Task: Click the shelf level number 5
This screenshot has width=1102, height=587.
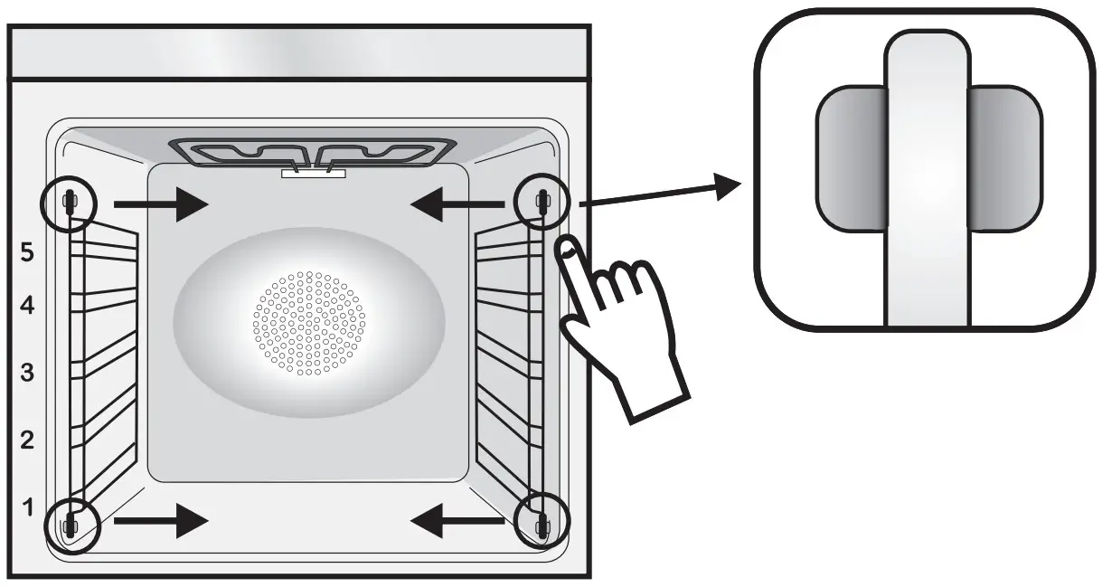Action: tap(27, 253)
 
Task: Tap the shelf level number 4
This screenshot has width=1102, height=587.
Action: tap(27, 307)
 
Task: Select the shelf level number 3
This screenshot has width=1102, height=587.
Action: tap(27, 372)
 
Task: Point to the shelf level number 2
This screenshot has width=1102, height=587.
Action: tap(27, 440)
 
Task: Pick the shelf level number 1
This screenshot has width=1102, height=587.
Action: tap(27, 507)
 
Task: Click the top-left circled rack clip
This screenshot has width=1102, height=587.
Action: tap(69, 204)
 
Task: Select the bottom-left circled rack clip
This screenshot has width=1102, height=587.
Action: tap(71, 524)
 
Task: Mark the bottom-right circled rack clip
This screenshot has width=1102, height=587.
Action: tap(542, 524)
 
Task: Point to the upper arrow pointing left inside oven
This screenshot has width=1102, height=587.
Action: tap(457, 205)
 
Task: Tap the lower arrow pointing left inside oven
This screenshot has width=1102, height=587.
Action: tap(457, 522)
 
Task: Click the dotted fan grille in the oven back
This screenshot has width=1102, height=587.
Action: tap(309, 322)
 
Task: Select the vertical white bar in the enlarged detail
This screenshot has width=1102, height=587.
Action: tap(926, 181)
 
